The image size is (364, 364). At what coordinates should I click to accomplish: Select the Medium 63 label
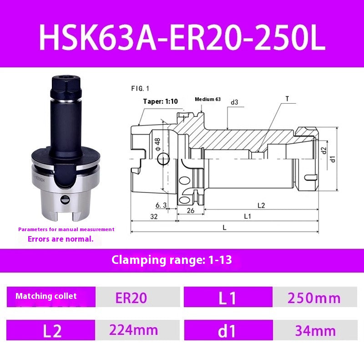(x=207, y=99)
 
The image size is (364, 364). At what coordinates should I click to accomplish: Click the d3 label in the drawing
(x=234, y=102)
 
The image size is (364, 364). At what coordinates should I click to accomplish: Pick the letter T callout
(x=287, y=98)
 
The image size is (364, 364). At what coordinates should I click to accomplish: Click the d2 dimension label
(x=324, y=151)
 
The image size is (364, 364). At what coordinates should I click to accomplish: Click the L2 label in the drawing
(x=261, y=205)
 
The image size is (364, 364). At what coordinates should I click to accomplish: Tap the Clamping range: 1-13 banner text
(x=172, y=260)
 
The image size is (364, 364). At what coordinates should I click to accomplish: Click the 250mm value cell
(x=314, y=298)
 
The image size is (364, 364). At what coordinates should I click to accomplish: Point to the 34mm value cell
(x=315, y=330)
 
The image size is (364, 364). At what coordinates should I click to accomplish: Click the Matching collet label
(x=46, y=296)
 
